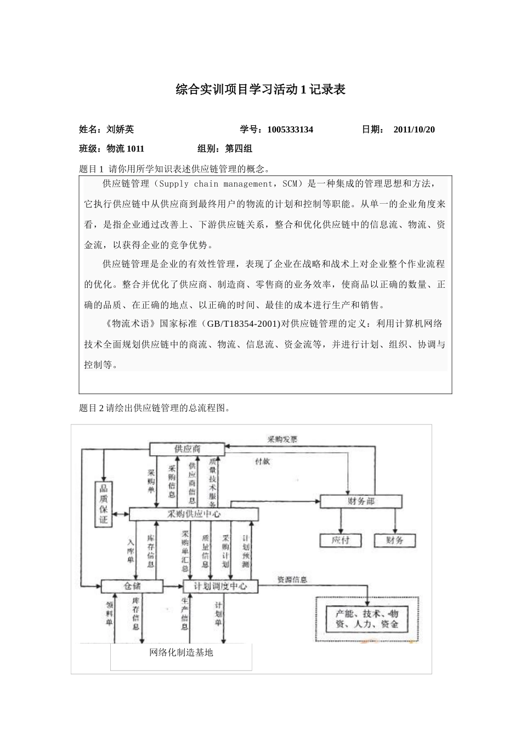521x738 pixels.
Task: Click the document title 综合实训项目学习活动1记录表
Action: point(260,90)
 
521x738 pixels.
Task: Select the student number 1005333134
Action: point(290,130)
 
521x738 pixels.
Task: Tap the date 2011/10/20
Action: point(414,130)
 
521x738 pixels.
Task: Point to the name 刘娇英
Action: point(120,130)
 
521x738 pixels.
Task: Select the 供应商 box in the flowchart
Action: point(187,449)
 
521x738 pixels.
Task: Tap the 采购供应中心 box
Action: point(194,515)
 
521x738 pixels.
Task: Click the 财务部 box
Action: point(361,501)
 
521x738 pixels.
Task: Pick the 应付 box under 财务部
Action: point(341,540)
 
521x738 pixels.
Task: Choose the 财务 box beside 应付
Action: point(395,540)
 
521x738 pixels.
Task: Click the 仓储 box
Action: point(132,586)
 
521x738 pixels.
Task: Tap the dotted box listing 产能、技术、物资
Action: point(367,619)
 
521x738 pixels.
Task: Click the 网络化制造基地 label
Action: point(181,653)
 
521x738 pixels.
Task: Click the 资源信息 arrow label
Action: point(292,579)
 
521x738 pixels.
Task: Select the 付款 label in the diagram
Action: point(262,461)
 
